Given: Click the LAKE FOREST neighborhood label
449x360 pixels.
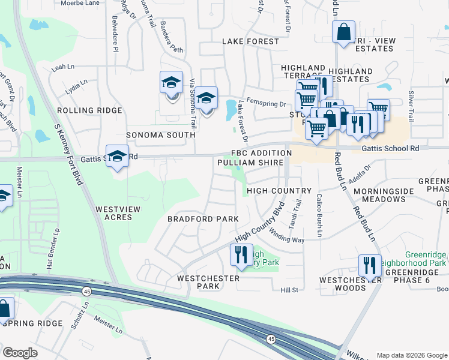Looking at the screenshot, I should point(250,41).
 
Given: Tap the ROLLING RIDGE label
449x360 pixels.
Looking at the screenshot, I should point(89,110).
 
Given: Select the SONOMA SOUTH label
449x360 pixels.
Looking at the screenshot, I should point(160,135).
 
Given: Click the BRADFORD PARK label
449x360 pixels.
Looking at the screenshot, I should point(203,219).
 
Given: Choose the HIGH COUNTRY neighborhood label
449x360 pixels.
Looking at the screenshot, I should point(279,191).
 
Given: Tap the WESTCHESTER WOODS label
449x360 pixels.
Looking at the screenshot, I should point(342,284).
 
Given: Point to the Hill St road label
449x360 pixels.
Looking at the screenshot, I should point(289,290).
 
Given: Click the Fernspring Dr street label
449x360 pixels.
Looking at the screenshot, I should point(268,104).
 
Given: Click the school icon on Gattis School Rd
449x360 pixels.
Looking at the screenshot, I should point(118,156).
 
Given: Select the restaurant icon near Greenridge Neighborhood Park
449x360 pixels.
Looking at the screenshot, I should point(370,265).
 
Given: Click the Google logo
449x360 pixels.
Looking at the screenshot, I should point(20,352).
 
